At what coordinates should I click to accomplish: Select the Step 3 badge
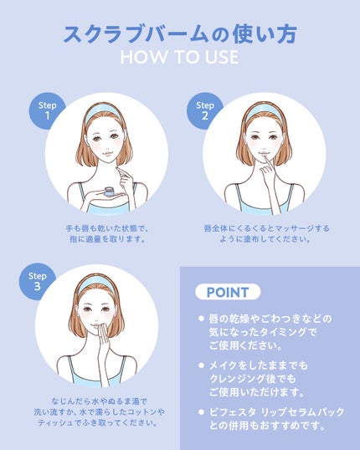click(36, 281)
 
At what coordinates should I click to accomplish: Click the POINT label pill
click(228, 292)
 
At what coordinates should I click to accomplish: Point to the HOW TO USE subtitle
click(179, 57)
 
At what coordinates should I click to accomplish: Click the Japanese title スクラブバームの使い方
click(179, 33)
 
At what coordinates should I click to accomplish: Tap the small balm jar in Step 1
click(109, 192)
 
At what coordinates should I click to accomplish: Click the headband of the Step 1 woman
click(105, 112)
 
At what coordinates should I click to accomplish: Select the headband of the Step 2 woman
click(264, 112)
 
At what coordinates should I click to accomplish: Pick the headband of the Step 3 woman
click(96, 284)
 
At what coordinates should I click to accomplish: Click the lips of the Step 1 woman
click(105, 154)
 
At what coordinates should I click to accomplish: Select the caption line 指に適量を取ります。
click(107, 238)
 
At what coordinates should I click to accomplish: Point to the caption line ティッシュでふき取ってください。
click(98, 422)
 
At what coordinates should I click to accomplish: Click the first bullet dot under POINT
click(201, 319)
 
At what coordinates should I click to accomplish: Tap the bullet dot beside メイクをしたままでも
click(201, 365)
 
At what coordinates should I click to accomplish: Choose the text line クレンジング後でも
click(252, 379)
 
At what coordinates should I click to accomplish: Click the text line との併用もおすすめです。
click(267, 425)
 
